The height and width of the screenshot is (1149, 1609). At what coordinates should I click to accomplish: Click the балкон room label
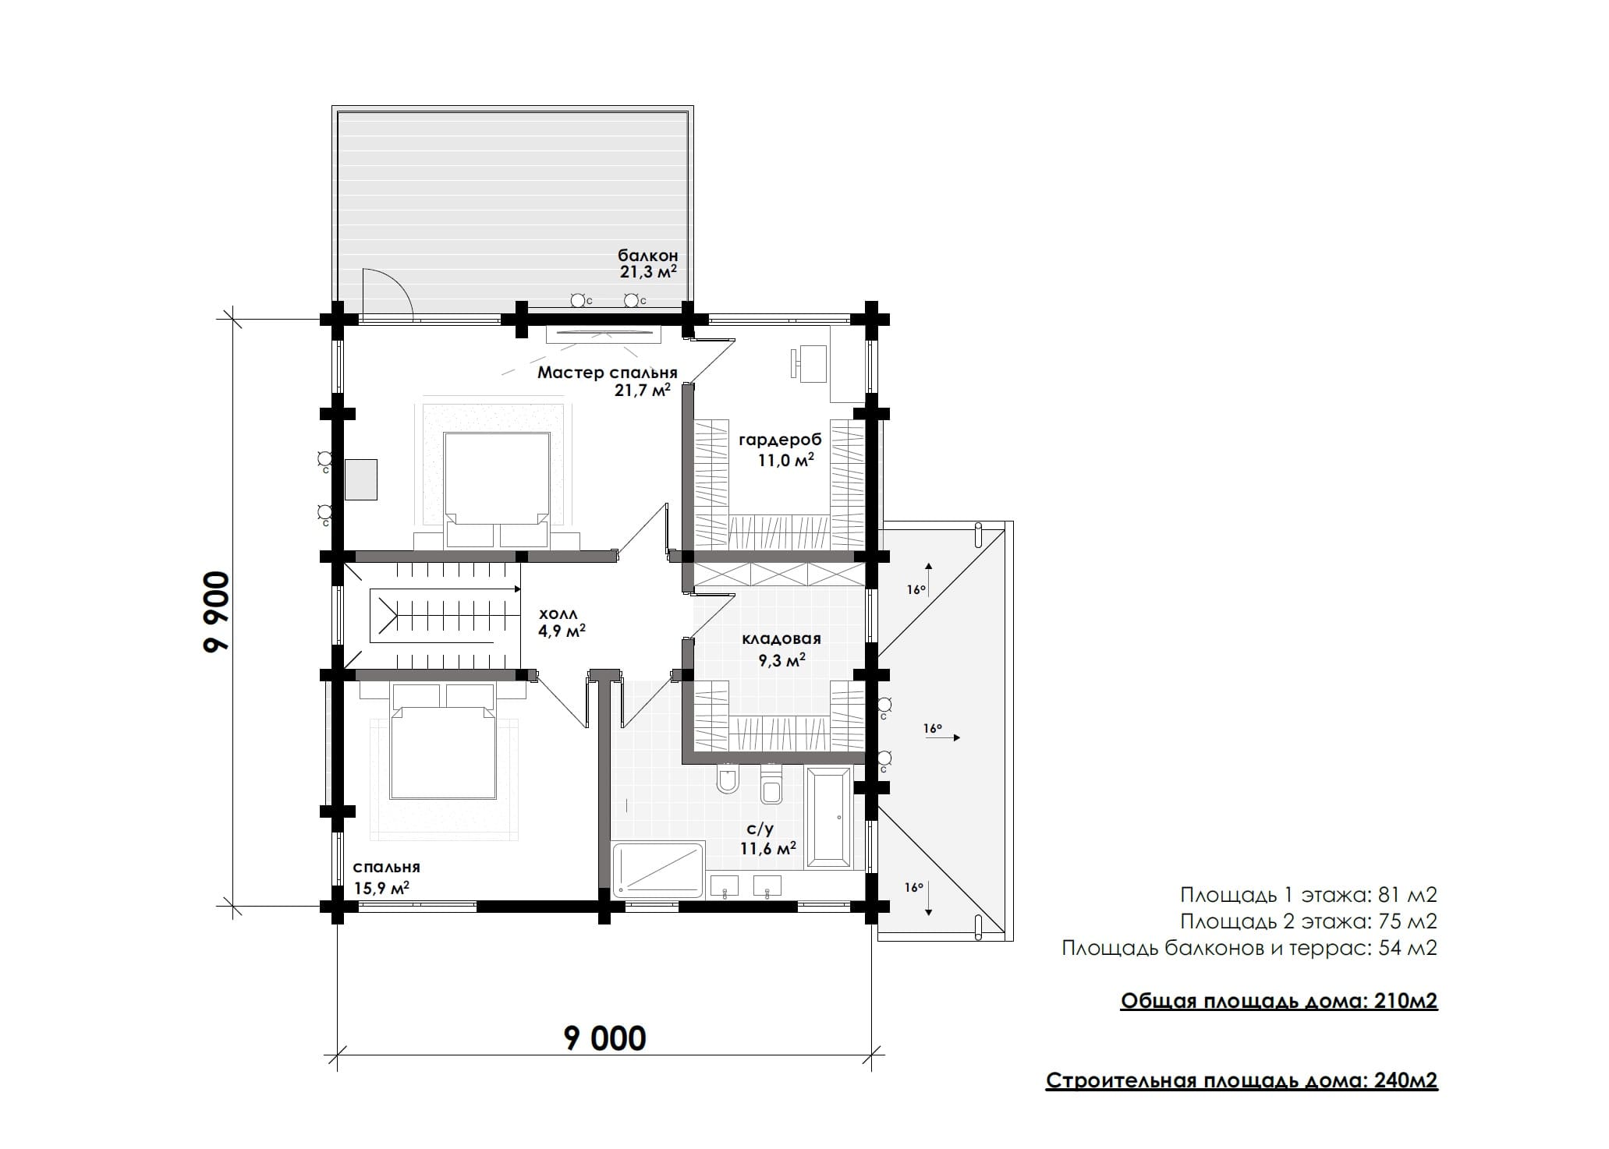[647, 256]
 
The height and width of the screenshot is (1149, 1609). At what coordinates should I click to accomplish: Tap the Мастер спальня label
[607, 373]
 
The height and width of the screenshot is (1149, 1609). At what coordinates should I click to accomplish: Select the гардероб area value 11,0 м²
[786, 460]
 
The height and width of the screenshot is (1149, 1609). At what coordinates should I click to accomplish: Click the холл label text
[558, 615]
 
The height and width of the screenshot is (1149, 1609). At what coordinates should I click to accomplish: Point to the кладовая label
[781, 639]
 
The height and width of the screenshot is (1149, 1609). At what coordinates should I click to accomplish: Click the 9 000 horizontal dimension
[605, 1038]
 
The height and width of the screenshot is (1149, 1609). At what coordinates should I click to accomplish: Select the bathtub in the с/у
[828, 818]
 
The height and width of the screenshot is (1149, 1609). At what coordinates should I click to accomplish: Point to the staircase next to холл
[442, 616]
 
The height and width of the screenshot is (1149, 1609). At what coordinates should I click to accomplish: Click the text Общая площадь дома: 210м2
[1279, 1001]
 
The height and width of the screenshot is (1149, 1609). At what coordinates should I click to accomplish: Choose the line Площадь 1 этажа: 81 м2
[1309, 894]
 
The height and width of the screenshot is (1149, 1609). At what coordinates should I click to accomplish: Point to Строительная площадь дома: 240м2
[1242, 1080]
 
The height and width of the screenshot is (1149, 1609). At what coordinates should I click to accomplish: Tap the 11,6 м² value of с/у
[768, 847]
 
